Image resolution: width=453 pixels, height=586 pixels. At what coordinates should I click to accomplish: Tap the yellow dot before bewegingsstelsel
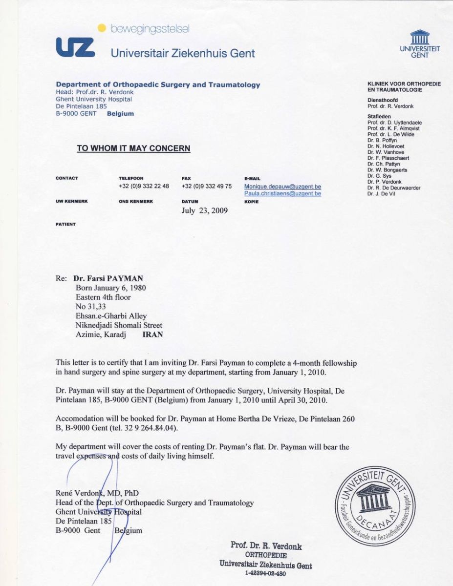pyautogui.click(x=102, y=29)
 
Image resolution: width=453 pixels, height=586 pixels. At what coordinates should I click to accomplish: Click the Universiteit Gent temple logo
pyautogui.click(x=419, y=38)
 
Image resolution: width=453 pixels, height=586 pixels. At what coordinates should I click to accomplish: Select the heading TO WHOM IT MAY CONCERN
pyautogui.click(x=133, y=148)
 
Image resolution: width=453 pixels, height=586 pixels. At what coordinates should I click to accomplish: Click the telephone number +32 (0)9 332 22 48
pyautogui.click(x=144, y=186)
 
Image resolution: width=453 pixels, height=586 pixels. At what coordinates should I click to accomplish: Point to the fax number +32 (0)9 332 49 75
pyautogui.click(x=206, y=186)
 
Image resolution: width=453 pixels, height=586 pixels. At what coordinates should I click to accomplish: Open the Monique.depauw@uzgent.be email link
pyautogui.click(x=282, y=187)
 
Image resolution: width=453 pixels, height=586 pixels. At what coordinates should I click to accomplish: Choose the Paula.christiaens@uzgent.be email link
pyautogui.click(x=282, y=193)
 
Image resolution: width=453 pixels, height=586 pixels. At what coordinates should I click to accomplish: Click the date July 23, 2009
pyautogui.click(x=204, y=211)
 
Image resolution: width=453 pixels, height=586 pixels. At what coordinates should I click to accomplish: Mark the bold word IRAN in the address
pyautogui.click(x=152, y=335)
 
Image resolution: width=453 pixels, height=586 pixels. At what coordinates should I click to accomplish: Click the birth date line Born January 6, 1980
pyautogui.click(x=110, y=288)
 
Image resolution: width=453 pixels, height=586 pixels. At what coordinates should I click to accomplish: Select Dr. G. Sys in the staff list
pyautogui.click(x=379, y=176)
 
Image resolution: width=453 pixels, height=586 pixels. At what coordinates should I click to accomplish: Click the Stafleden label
pyautogui.click(x=379, y=116)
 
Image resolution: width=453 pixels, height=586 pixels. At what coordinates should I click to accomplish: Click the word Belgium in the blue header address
pyautogui.click(x=120, y=114)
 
